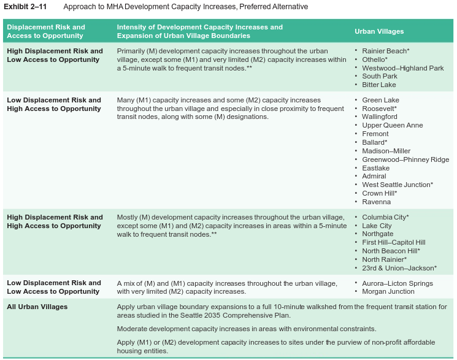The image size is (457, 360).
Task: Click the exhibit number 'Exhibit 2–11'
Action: click(x=25, y=7)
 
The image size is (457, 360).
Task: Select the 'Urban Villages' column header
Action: click(x=379, y=31)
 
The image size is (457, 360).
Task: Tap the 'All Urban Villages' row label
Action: click(x=37, y=307)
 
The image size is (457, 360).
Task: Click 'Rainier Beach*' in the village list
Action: click(x=385, y=51)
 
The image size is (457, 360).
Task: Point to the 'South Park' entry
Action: click(x=380, y=77)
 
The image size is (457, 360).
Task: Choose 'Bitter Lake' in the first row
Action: click(x=379, y=85)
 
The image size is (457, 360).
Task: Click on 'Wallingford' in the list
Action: click(x=380, y=117)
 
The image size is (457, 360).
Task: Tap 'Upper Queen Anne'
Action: click(x=392, y=125)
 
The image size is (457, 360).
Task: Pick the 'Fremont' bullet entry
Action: click(x=375, y=134)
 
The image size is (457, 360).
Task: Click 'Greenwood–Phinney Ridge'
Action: click(x=405, y=159)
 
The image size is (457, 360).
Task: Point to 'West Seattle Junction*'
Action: click(x=397, y=185)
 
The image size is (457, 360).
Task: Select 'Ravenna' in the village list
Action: click(x=376, y=202)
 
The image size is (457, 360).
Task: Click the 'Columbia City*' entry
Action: click(x=385, y=217)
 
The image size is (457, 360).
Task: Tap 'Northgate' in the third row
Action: click(x=378, y=234)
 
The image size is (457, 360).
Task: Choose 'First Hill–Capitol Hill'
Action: click(x=393, y=242)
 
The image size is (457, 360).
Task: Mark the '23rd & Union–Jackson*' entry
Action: click(x=399, y=268)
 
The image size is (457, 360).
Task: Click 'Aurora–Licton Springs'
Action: click(x=397, y=283)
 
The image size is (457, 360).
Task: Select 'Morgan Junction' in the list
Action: click(x=388, y=291)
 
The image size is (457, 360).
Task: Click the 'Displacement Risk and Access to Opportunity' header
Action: click(x=46, y=31)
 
